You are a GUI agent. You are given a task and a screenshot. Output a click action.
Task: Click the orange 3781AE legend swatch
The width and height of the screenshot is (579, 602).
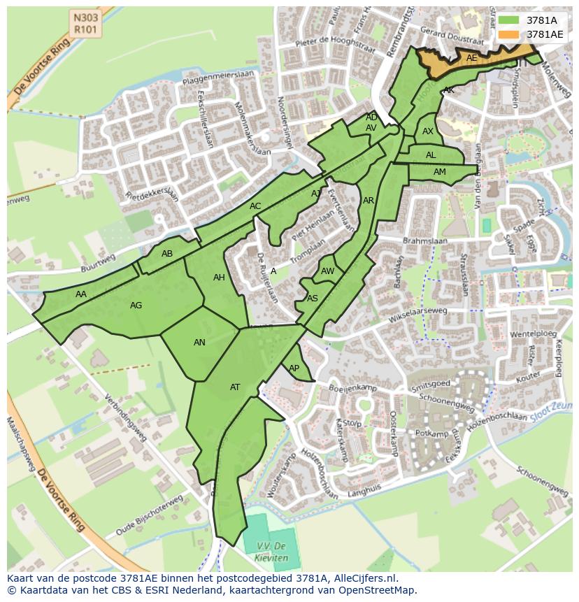coord(508,34)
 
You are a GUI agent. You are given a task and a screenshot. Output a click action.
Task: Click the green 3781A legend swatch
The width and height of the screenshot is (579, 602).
coord(508,20)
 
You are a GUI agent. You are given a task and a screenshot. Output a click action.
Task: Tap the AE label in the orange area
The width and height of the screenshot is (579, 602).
coord(472,58)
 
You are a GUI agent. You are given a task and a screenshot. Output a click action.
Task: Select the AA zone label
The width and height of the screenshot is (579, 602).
coord(81,294)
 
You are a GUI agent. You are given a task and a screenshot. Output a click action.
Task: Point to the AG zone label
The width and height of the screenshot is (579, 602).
coord(136,306)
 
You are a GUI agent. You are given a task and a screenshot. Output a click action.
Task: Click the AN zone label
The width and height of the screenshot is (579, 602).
coord(200,343)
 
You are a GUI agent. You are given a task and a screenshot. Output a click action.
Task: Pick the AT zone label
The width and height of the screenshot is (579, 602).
coord(235,387)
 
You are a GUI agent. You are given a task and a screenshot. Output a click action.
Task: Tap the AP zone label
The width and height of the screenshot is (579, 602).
coord(294,368)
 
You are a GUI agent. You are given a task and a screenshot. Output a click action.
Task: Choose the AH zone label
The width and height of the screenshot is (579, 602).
coord(220,278)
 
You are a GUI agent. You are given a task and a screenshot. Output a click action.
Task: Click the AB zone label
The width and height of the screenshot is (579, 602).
coord(167,254)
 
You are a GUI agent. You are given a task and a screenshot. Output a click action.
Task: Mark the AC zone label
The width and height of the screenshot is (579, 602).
coord(255,206)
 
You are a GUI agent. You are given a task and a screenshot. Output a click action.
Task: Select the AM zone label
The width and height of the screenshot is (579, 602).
coord(440,172)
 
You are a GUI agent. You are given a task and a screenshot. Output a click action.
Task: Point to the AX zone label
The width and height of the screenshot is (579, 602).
coord(428,131)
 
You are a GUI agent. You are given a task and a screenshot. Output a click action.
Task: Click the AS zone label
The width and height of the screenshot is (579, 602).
coord(313,299)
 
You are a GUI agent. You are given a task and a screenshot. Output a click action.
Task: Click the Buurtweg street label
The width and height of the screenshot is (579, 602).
coord(98,259)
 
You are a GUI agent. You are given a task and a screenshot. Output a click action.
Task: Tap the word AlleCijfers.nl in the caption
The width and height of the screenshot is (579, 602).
coord(362,578)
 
